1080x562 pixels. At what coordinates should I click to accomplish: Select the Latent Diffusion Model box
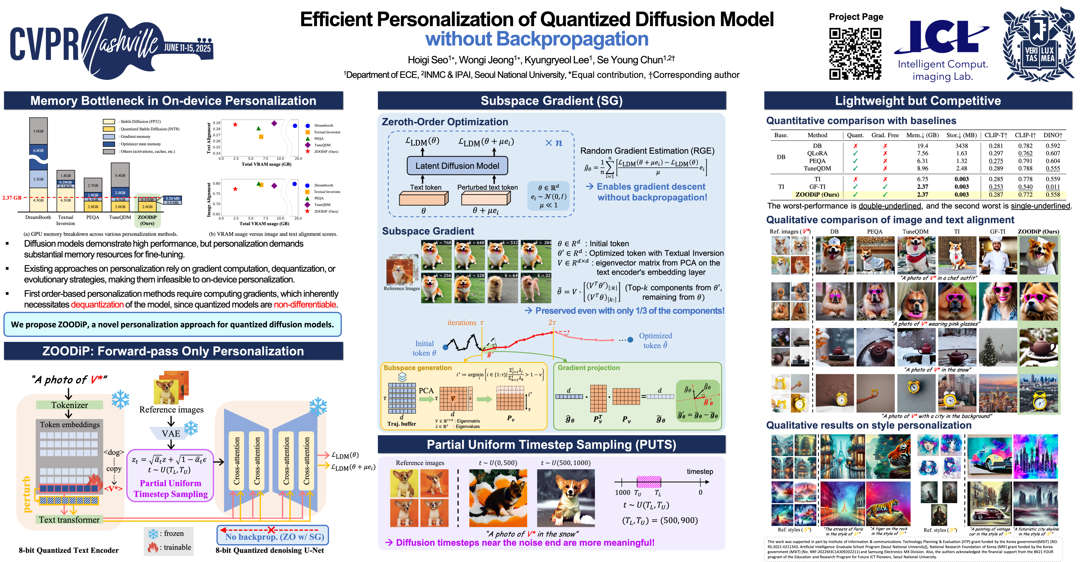point(457,166)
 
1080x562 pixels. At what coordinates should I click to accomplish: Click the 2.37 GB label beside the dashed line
point(12,198)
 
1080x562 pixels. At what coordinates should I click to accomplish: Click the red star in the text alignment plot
point(235,125)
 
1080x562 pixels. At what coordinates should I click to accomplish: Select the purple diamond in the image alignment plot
point(274,185)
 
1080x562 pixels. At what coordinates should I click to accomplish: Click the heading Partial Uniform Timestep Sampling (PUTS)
point(551,445)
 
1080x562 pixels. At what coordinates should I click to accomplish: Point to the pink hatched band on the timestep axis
point(649,482)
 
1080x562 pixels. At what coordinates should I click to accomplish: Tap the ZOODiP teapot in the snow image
point(1038,347)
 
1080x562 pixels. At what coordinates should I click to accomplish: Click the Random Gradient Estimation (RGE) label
point(647,151)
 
